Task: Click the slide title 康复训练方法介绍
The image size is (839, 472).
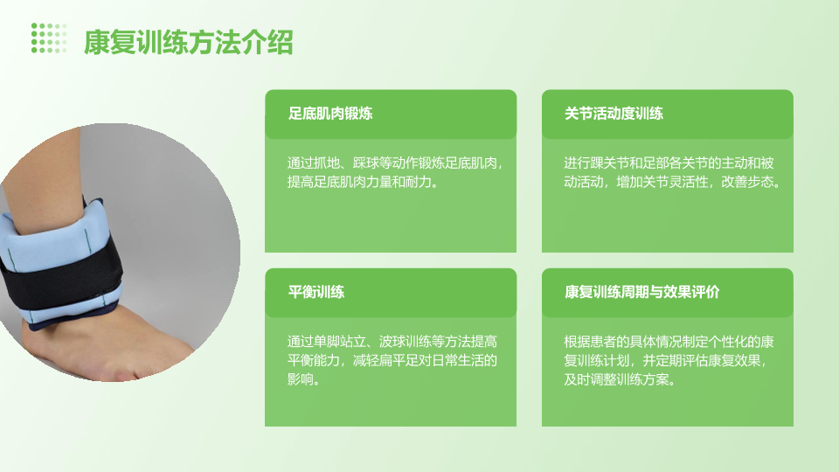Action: [x=189, y=42]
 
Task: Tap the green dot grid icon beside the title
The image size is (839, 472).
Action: [x=49, y=38]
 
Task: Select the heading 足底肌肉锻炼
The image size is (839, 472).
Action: [x=330, y=114]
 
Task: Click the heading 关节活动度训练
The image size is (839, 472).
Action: [x=614, y=114]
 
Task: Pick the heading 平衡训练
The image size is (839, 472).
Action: [x=316, y=292]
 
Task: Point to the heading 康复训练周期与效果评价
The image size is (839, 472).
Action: [x=642, y=292]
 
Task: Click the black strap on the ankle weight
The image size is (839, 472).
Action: [x=59, y=281]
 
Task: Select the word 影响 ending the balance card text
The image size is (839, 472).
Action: [x=300, y=379]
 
